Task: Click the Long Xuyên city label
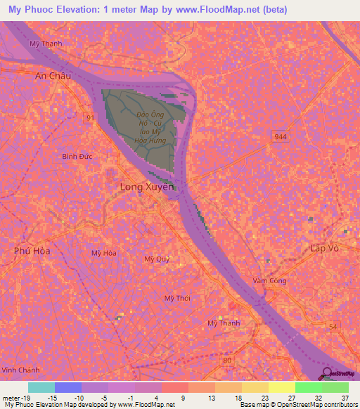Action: [146, 188]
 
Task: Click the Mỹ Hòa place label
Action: [103, 252]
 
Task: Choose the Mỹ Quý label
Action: [157, 259]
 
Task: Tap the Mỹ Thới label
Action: [177, 298]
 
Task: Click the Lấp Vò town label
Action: [325, 248]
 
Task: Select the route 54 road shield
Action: [333, 327]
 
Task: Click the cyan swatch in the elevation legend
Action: [41, 387]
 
